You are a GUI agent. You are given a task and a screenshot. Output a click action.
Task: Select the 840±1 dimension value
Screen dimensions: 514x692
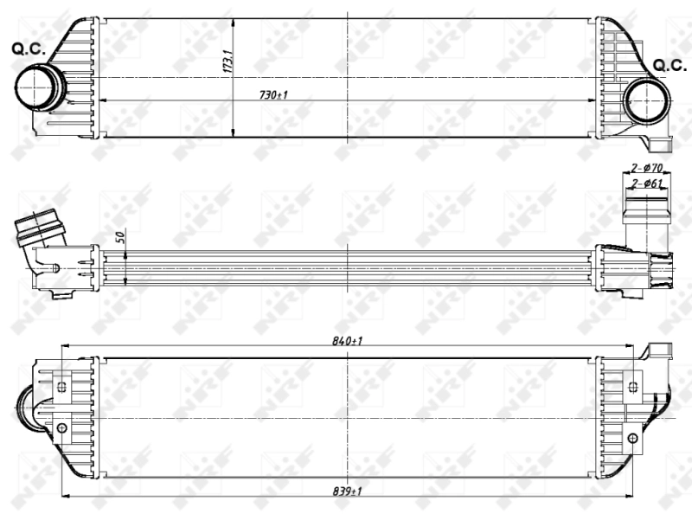(346, 341)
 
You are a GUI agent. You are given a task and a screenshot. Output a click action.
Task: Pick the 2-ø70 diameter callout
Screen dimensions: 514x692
(646, 167)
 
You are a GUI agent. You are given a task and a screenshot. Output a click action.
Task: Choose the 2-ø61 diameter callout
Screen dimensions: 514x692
(646, 183)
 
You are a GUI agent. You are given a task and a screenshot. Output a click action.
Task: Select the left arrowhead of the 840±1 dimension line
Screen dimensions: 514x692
(65, 347)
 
